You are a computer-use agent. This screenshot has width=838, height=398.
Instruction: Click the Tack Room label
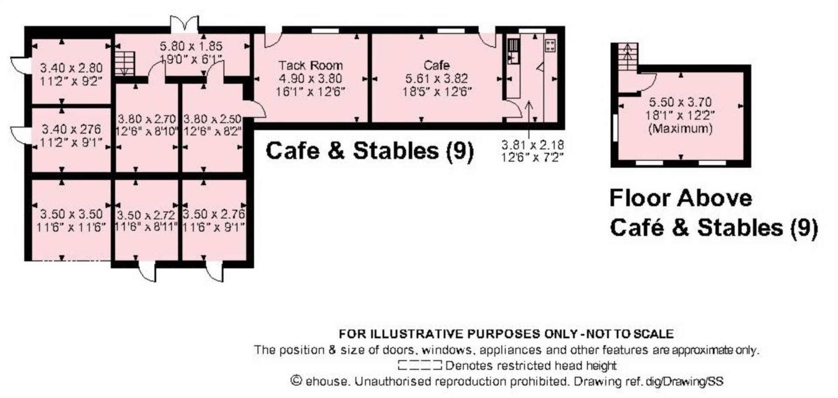point(310,66)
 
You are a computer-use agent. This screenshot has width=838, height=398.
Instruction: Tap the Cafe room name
point(436,66)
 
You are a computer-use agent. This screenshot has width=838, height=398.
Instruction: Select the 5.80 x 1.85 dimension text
point(191,46)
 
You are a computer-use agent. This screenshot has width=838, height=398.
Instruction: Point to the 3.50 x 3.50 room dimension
point(72,214)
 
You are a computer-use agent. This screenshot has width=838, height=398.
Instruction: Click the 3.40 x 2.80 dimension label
point(72,68)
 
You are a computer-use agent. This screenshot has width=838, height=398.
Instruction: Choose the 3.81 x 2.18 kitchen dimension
point(532,145)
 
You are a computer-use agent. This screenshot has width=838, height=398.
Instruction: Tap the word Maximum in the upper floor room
point(680,129)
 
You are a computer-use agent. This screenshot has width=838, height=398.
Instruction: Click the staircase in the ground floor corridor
point(125,64)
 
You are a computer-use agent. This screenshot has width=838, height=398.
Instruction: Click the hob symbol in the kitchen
point(550,45)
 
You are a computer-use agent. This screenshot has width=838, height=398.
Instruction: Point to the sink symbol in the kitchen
point(514,52)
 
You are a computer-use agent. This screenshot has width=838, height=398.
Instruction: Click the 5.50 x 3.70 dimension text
point(680,102)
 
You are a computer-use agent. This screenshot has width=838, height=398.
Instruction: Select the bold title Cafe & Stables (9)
point(370,151)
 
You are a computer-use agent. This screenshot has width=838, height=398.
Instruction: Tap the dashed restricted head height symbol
point(420,365)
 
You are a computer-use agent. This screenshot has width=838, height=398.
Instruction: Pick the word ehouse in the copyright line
point(326,381)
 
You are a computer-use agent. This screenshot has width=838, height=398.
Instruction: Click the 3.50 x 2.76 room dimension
point(214,214)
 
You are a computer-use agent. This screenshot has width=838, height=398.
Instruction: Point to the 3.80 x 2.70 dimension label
point(147,119)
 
